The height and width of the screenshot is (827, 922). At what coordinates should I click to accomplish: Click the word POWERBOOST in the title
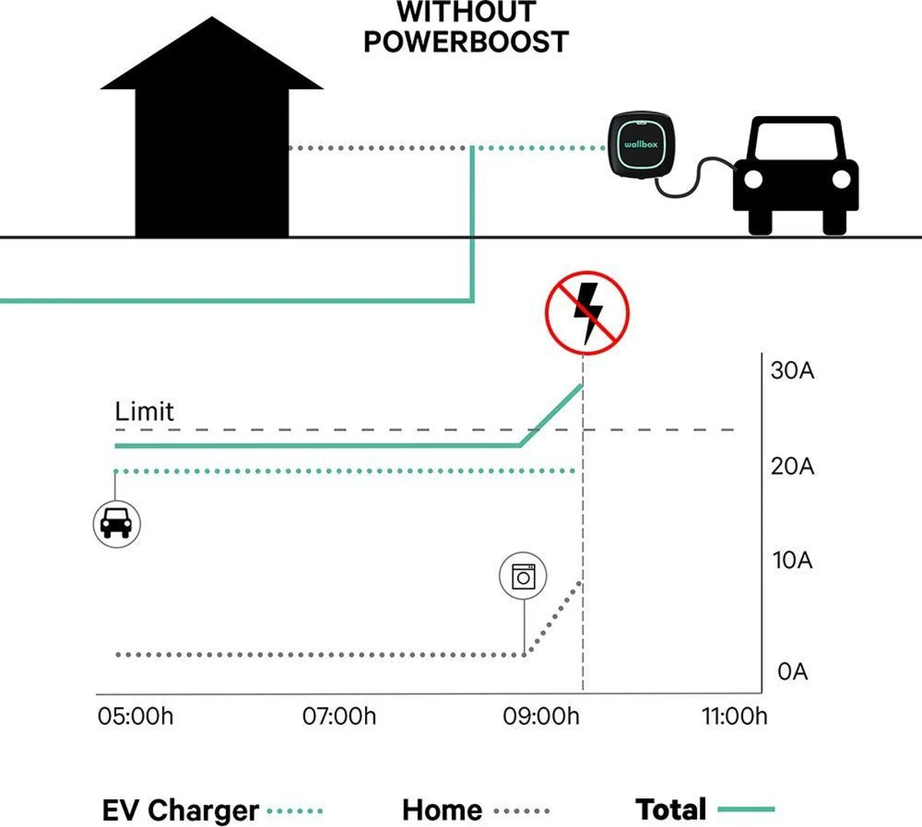tap(466, 41)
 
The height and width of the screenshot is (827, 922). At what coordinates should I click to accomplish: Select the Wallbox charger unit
tap(640, 145)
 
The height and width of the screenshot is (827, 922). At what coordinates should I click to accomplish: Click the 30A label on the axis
tap(792, 371)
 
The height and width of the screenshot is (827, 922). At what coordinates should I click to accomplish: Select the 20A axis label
tap(792, 466)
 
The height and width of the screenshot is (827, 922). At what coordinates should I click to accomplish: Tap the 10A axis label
tap(792, 561)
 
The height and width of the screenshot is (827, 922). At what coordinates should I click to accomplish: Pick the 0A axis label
tap(792, 672)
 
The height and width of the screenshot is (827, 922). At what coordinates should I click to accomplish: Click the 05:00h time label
tap(135, 716)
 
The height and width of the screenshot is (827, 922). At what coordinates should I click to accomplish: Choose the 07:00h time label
tap(339, 716)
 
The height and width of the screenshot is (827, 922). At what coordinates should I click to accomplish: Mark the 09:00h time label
tap(541, 716)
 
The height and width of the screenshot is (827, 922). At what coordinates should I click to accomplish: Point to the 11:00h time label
tap(734, 716)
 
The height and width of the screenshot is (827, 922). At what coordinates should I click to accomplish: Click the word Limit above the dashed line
tap(144, 412)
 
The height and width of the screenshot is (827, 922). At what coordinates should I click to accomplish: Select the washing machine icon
tap(523, 575)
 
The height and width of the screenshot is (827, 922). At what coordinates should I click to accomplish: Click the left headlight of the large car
tap(754, 180)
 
